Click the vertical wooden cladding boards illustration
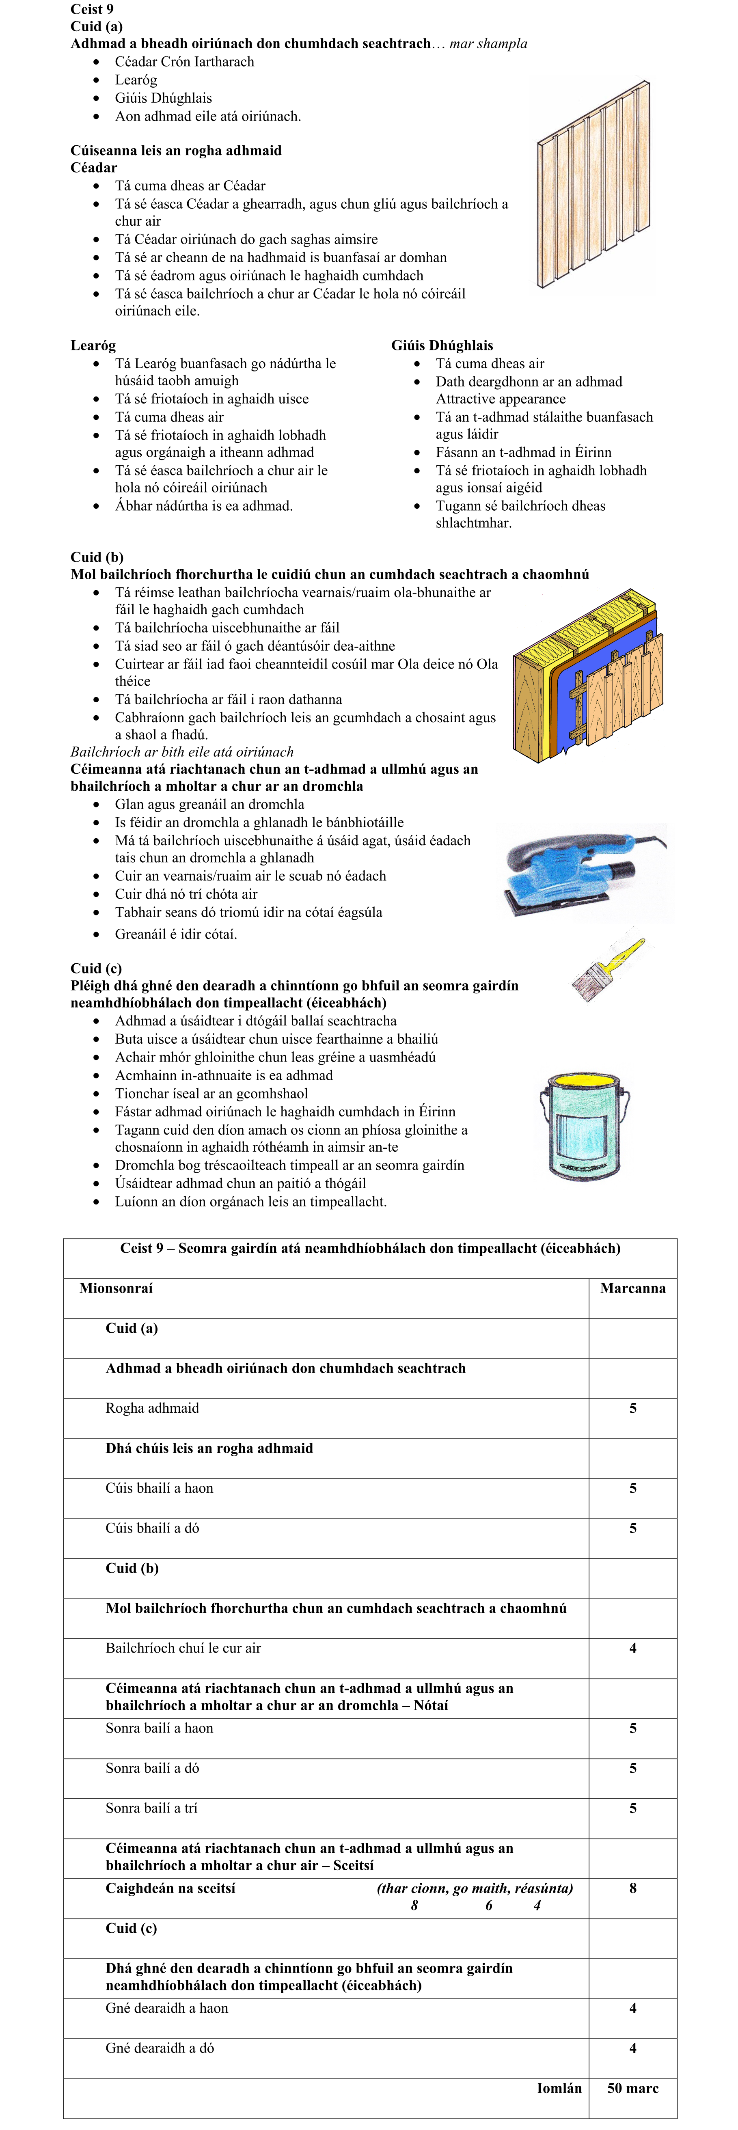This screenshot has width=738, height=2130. (x=593, y=183)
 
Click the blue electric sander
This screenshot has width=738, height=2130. (x=578, y=871)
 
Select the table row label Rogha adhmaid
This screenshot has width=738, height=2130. (x=152, y=1408)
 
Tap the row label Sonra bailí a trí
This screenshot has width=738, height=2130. (x=151, y=1808)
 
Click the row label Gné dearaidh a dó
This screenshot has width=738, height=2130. (x=160, y=2048)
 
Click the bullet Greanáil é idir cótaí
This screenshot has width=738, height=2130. (x=176, y=934)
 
